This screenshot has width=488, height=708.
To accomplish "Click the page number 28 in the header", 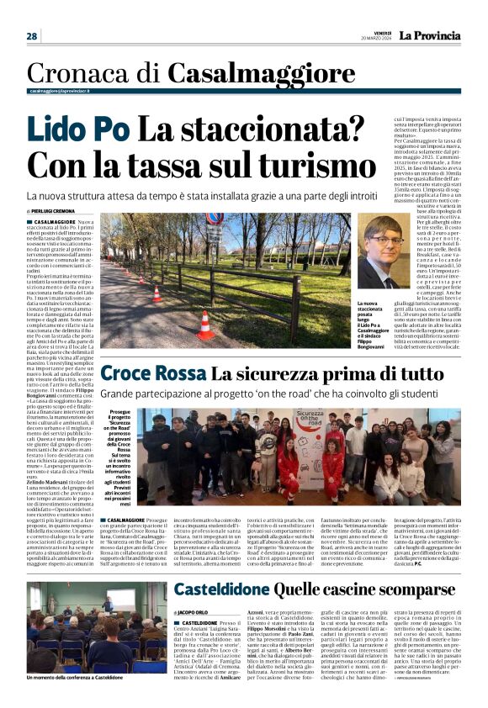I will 32,36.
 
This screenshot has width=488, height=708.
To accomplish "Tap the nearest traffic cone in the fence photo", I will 204,326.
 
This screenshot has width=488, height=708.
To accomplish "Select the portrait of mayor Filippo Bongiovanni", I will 380,256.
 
